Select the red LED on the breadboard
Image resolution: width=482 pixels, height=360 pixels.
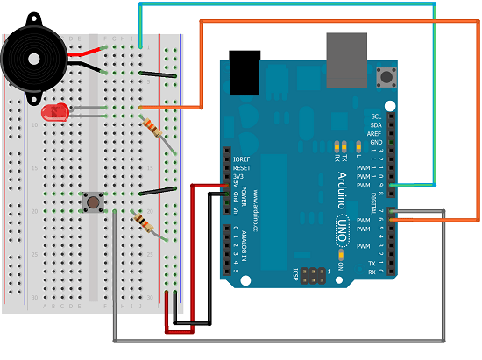click(54, 113)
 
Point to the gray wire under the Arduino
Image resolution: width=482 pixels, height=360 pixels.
click(280, 339)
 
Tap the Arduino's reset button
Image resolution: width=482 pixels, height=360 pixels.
click(383, 79)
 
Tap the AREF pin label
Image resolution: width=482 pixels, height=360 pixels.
click(376, 134)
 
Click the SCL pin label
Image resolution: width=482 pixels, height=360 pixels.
click(376, 116)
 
